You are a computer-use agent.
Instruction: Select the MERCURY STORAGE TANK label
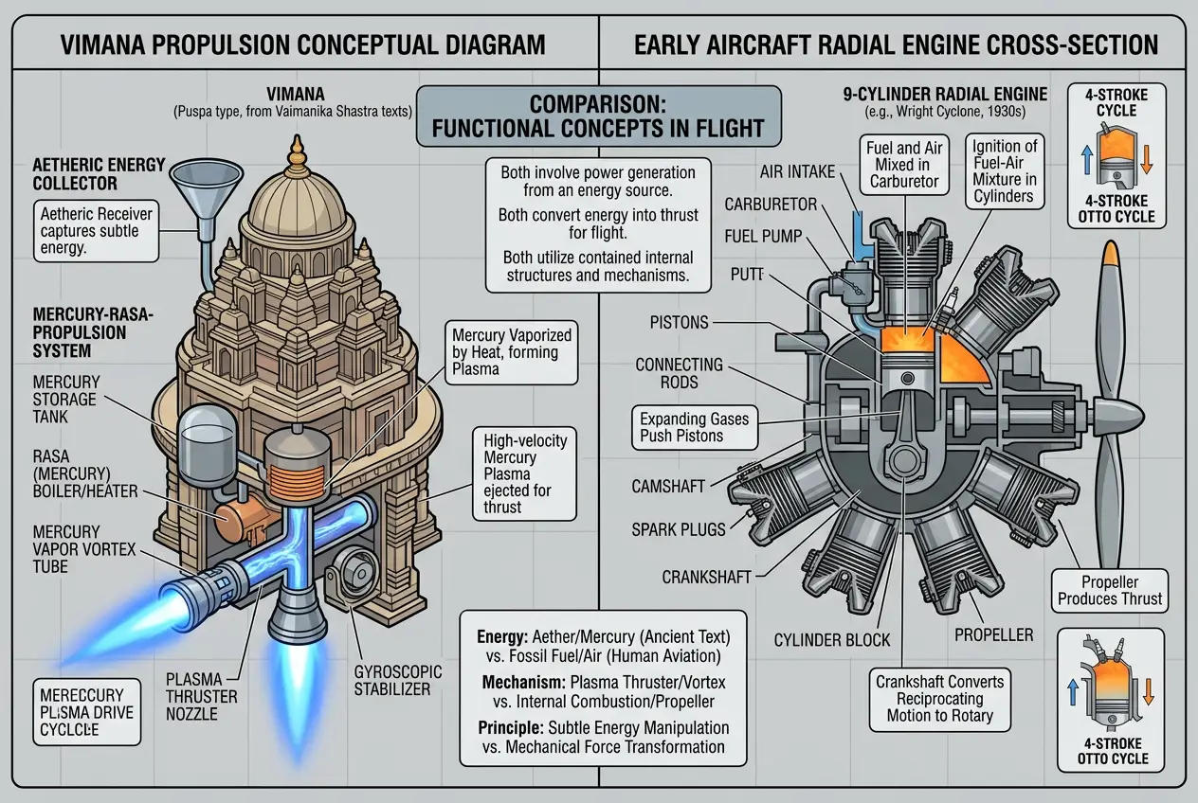65,400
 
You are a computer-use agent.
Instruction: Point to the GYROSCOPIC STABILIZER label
398,679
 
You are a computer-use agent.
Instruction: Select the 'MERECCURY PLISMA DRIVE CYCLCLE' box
83,708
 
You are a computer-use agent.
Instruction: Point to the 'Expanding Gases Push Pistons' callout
694,427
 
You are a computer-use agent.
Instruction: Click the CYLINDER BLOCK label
832,640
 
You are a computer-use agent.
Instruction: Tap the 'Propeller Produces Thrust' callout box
1110,590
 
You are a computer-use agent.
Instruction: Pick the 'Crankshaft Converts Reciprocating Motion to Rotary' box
939,699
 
